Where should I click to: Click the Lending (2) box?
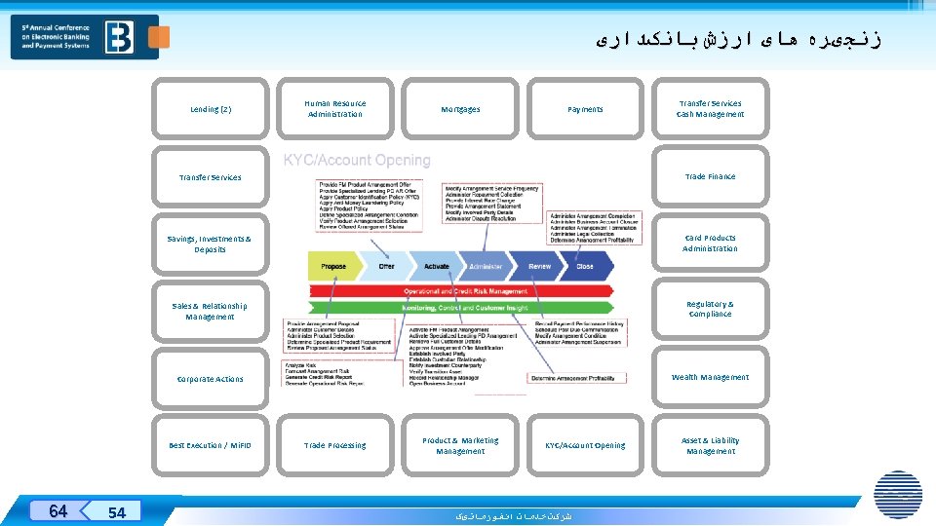tap(211, 110)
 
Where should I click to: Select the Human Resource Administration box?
tap(334, 109)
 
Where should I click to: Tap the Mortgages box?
tap(460, 110)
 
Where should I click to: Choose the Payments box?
tap(585, 110)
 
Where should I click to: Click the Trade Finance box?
tap(710, 177)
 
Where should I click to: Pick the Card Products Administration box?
tap(710, 244)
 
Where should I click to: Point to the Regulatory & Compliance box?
tap(710, 310)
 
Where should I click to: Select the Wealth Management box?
tap(710, 378)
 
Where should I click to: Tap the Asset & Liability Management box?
tap(710, 446)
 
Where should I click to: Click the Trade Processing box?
tap(334, 446)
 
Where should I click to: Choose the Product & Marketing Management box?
tap(460, 446)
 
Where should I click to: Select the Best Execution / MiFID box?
tap(211, 446)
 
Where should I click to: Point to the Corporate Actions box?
tap(211, 379)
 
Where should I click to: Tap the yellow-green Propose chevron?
tap(332, 266)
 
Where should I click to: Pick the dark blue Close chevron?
tap(586, 266)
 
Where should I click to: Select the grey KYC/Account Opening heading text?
tap(357, 161)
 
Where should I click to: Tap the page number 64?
tap(58, 511)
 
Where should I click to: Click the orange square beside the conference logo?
tap(158, 37)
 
